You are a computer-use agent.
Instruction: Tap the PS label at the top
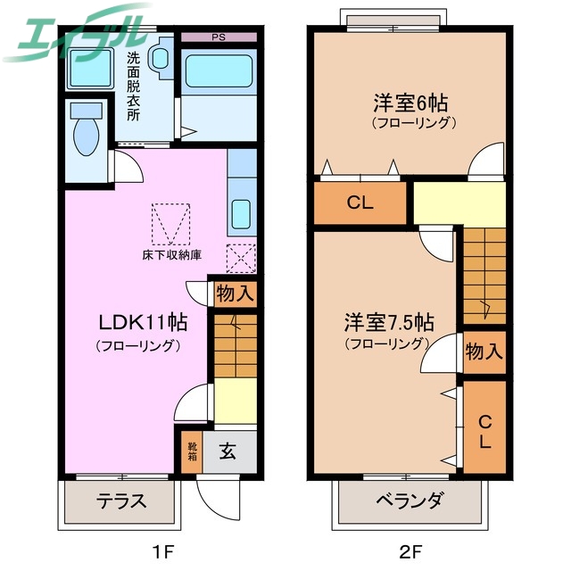(x=218, y=37)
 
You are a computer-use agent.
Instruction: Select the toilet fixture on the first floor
(x=87, y=130)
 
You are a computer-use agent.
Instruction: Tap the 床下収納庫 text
(x=171, y=254)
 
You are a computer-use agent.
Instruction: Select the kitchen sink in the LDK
(x=242, y=213)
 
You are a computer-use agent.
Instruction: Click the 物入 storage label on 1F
(x=236, y=292)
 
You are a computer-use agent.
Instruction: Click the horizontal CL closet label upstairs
(x=360, y=203)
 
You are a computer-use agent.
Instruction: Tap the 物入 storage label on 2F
(x=484, y=352)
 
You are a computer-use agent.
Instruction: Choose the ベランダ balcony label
(x=409, y=501)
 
